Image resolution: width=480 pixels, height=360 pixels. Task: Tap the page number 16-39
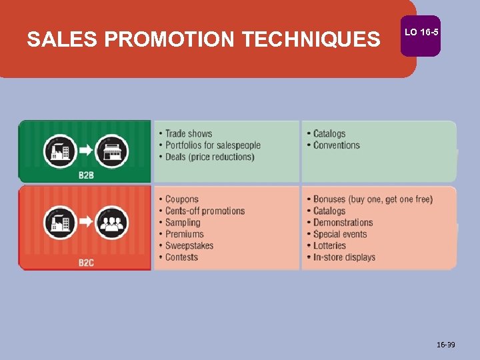pyautogui.click(x=446, y=345)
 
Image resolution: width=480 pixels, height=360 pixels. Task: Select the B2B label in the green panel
pyautogui.click(x=86, y=175)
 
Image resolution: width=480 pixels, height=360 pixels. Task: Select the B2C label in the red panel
pyautogui.click(x=86, y=263)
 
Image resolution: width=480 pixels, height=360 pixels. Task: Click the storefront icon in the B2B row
pyautogui.click(x=111, y=151)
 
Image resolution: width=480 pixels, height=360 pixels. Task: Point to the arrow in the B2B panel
pyautogui.click(x=85, y=151)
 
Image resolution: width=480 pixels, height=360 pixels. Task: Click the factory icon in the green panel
pyautogui.click(x=60, y=151)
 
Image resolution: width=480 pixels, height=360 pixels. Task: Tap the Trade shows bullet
pyautogui.click(x=188, y=134)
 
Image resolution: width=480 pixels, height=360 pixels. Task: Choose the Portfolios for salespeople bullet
pyautogui.click(x=213, y=145)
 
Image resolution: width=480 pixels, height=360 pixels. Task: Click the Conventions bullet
pyautogui.click(x=337, y=145)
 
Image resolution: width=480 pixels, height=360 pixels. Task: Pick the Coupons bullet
pyautogui.click(x=181, y=199)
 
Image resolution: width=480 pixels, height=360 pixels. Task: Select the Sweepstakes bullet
pyautogui.click(x=189, y=245)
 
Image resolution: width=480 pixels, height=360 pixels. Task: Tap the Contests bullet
pyautogui.click(x=181, y=257)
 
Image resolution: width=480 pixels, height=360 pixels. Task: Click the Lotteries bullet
pyautogui.click(x=329, y=245)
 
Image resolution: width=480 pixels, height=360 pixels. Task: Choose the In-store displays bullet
pyautogui.click(x=344, y=257)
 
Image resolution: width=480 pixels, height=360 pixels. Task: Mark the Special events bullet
pyautogui.click(x=340, y=234)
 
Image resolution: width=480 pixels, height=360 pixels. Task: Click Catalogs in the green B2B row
pyautogui.click(x=329, y=134)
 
